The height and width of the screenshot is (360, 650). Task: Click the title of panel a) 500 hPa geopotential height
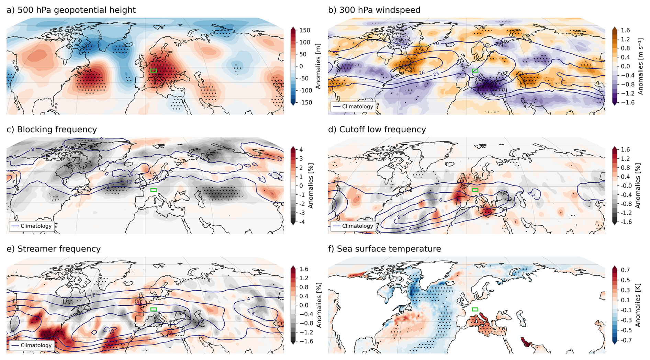[x=71, y=10]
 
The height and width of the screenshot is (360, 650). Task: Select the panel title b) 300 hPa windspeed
[x=374, y=10]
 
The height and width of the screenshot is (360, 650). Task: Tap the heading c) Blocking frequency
[x=52, y=130]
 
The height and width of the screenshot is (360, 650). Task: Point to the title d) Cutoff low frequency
[x=377, y=130]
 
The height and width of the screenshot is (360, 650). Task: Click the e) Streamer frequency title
[x=54, y=249]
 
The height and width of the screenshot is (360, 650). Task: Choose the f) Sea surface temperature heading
[x=384, y=249]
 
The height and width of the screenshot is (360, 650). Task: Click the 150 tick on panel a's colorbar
[x=305, y=30]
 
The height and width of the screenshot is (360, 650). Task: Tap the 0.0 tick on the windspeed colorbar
[x=625, y=66]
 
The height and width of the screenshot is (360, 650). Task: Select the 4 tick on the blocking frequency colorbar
[x=301, y=150]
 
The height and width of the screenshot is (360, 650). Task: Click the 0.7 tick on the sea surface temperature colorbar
[x=625, y=270]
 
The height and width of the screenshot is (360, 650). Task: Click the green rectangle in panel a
[x=154, y=70]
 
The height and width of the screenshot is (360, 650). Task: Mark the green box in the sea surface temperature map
[x=475, y=310]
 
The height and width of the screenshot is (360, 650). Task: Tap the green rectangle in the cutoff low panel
[x=475, y=190]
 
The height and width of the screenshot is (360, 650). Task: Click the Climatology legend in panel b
[x=353, y=106]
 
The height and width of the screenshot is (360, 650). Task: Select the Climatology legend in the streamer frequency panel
[x=32, y=345]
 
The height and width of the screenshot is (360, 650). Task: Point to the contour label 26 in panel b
[x=422, y=73]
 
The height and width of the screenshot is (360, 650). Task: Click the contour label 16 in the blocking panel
[x=131, y=175]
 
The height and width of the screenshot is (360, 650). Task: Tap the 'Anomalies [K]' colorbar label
[x=638, y=305]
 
